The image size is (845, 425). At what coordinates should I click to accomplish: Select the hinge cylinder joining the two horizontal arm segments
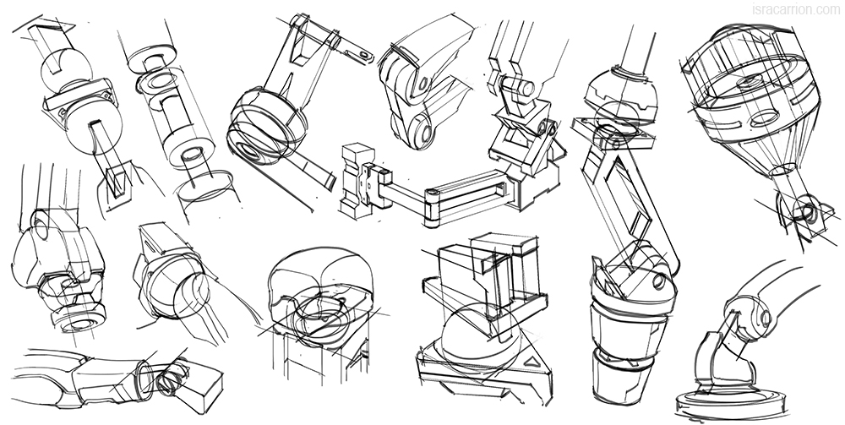tap(432, 208)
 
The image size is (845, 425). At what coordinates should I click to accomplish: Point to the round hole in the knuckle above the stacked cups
tap(658, 281)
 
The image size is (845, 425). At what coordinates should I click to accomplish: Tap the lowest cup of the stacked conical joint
tap(619, 376)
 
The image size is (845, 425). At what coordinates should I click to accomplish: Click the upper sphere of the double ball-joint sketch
tap(66, 69)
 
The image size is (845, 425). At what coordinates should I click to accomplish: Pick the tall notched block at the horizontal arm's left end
tap(356, 181)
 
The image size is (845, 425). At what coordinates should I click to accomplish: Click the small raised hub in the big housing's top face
tap(748, 82)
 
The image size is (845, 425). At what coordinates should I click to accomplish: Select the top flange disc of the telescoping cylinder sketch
tap(153, 57)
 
